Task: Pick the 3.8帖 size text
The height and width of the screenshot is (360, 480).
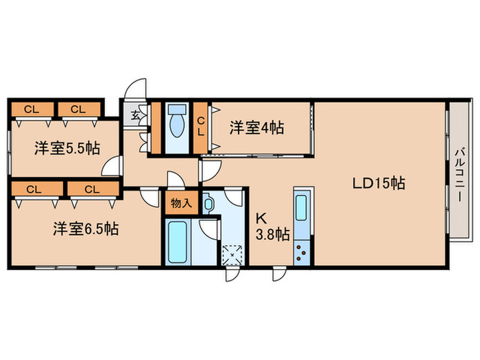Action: tap(273, 235)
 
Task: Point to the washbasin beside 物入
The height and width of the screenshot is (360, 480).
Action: tap(209, 204)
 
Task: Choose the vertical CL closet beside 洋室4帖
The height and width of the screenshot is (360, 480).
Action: tap(201, 126)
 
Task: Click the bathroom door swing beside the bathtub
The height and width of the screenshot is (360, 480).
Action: tap(208, 229)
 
